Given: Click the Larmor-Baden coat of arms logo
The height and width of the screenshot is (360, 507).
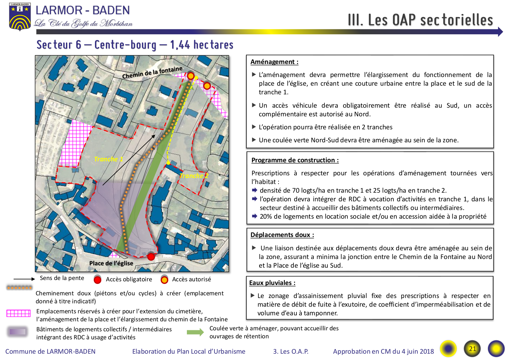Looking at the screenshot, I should pos(20,17).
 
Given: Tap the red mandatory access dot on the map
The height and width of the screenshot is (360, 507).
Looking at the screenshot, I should pos(151,257).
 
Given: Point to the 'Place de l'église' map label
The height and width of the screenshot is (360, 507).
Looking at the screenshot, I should pos(111,263).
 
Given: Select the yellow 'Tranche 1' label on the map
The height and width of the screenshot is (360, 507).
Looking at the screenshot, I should pos(108,159).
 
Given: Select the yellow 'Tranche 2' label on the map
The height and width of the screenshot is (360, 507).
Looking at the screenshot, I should pos(194,176).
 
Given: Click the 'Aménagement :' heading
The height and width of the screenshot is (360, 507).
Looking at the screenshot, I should pos(274,62).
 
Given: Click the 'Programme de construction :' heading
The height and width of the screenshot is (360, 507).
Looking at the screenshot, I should pos(295,160).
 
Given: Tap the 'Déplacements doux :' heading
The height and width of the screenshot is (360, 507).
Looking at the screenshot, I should pos(282,235).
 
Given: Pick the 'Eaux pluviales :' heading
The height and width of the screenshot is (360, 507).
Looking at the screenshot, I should pos(272,283).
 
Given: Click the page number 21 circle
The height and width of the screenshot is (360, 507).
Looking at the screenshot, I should pos(472,349).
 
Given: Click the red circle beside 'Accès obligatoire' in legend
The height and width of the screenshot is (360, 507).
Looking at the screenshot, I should pos(98,280).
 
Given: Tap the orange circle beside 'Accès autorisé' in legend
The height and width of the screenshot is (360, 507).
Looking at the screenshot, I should pos(164,280).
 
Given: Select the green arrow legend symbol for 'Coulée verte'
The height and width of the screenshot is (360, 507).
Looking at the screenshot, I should pos(195,332).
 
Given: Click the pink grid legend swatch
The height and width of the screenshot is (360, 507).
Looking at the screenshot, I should pos(19,313).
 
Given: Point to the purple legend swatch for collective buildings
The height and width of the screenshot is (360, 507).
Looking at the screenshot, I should pos(18,332).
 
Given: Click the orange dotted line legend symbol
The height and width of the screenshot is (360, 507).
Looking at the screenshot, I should pos(19,287).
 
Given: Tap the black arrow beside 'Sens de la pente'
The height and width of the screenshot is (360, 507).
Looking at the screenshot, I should pos(24,279).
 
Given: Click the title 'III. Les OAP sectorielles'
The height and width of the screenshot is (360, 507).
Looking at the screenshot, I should pos(420,20).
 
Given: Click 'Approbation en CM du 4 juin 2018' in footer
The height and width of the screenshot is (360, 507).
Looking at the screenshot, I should pos(383,352).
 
